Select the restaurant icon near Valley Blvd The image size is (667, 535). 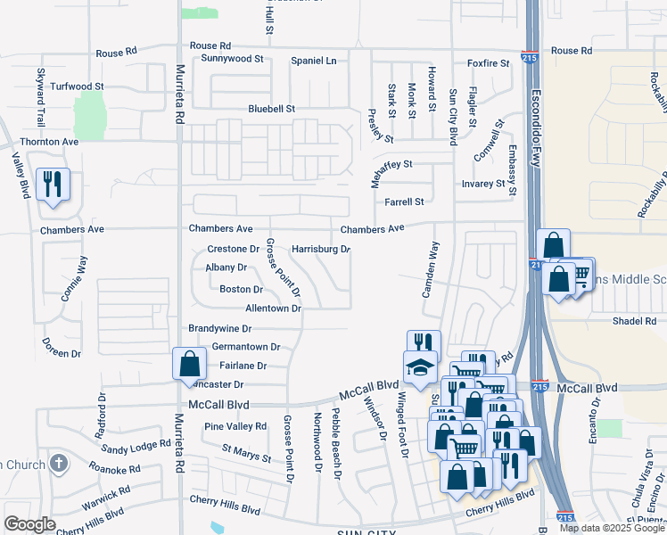(x=53, y=185)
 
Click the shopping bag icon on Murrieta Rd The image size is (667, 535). (x=189, y=364)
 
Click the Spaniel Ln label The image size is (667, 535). (x=314, y=61)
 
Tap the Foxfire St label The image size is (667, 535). (x=488, y=63)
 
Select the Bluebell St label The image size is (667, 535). (x=271, y=109)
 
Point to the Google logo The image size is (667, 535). (x=29, y=523)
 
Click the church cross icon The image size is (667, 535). (x=58, y=463)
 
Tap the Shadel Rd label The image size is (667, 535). (x=634, y=320)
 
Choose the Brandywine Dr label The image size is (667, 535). (x=220, y=328)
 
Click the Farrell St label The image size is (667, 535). (x=404, y=202)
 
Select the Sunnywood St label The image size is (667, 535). (x=233, y=59)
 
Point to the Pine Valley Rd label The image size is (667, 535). (x=235, y=426)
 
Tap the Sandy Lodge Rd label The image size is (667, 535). (x=136, y=445)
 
